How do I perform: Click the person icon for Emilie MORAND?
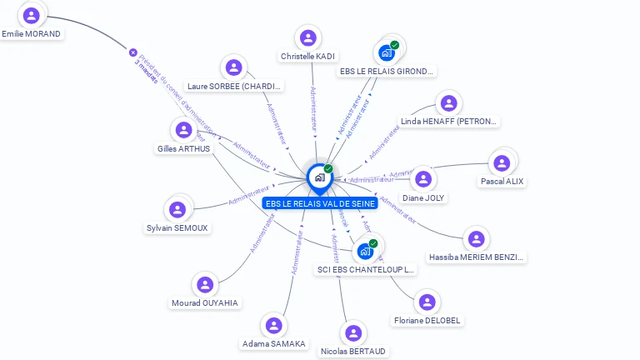click(x=32, y=16)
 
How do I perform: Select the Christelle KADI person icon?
click(x=308, y=38)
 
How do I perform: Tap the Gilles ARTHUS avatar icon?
click(x=184, y=130)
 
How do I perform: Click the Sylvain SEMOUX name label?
click(x=177, y=227)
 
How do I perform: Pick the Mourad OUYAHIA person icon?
click(x=205, y=285)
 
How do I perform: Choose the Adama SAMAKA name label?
click(x=273, y=343)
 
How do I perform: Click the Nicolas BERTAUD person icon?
click(x=353, y=333)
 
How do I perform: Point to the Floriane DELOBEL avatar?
click(x=427, y=302)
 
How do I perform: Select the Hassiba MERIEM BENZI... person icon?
click(x=476, y=239)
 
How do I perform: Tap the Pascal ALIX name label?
click(x=502, y=181)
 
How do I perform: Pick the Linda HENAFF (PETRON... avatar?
click(x=449, y=103)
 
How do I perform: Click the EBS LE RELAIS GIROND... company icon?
click(x=387, y=53)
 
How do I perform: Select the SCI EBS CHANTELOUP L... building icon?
click(x=365, y=251)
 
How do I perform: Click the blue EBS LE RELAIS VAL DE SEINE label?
click(x=320, y=203)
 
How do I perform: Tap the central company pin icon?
click(x=319, y=177)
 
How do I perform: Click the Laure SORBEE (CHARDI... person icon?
click(x=234, y=67)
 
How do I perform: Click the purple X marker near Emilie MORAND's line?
click(x=132, y=52)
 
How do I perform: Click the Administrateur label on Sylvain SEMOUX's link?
click(x=248, y=196)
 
